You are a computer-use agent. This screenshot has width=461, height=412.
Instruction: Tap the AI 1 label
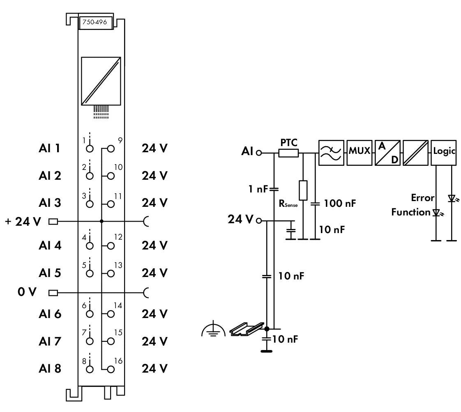click(49, 148)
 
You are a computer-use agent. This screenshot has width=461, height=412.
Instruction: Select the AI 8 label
click(49, 369)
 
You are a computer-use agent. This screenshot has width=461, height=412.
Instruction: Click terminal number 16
click(118, 361)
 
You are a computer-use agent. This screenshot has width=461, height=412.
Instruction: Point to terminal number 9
click(120, 140)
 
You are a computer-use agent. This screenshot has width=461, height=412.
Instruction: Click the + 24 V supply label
click(23, 222)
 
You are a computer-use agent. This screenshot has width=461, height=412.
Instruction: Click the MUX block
click(359, 151)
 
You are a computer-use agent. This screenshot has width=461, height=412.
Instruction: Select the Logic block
click(443, 151)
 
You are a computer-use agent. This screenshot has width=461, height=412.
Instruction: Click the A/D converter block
click(387, 153)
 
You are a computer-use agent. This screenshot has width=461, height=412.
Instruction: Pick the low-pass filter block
click(331, 153)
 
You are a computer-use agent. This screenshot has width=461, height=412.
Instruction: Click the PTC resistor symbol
click(288, 153)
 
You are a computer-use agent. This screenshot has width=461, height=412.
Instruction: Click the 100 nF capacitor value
click(339, 203)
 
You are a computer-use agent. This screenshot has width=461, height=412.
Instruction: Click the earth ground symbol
click(213, 330)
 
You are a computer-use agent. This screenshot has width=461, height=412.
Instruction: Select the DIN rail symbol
click(245, 329)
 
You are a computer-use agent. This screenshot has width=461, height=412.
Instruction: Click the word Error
click(423, 198)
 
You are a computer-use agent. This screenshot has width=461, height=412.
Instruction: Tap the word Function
click(410, 212)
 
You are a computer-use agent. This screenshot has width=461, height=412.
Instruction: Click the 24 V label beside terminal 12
click(154, 245)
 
